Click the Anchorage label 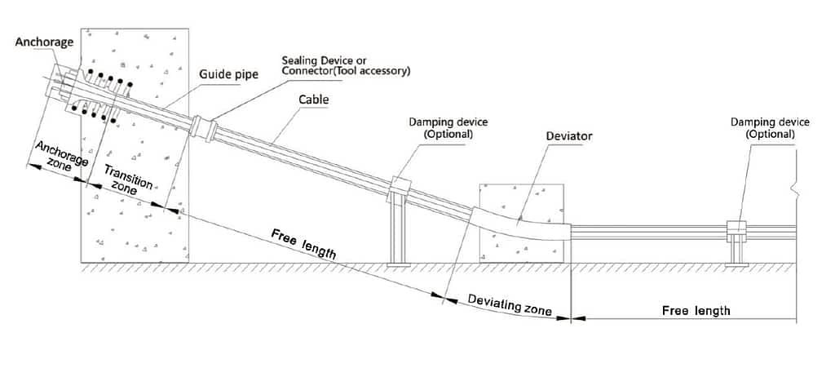(44, 42)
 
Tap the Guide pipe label (228, 74)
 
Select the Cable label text (313, 99)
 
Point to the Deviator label (569, 136)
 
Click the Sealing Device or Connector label (346, 65)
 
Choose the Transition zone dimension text (126, 180)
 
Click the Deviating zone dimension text (510, 304)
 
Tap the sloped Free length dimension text (303, 245)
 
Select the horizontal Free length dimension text (696, 310)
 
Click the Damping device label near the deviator (448, 128)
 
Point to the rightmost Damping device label (770, 128)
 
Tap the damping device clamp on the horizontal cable (737, 228)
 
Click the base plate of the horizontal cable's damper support (737, 264)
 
